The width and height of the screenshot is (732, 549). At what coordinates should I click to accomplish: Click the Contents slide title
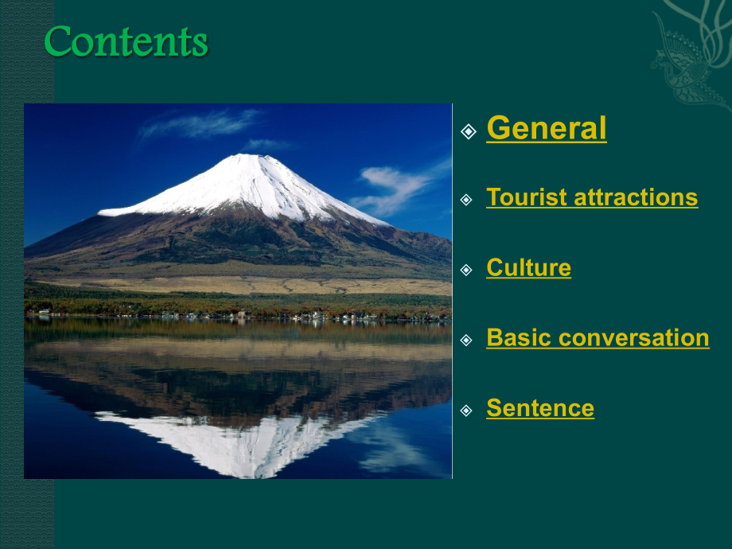(126, 41)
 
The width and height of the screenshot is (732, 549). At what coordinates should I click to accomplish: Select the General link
(546, 128)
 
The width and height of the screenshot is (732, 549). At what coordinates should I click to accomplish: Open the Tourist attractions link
(592, 197)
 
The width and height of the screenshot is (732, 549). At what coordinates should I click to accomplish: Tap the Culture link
(528, 267)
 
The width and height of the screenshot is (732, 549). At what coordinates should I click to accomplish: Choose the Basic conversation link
(598, 337)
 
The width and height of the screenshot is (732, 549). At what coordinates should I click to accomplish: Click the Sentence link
(539, 408)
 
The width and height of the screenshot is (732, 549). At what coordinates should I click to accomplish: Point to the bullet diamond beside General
(469, 130)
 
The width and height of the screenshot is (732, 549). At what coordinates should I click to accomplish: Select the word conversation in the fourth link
(633, 337)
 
